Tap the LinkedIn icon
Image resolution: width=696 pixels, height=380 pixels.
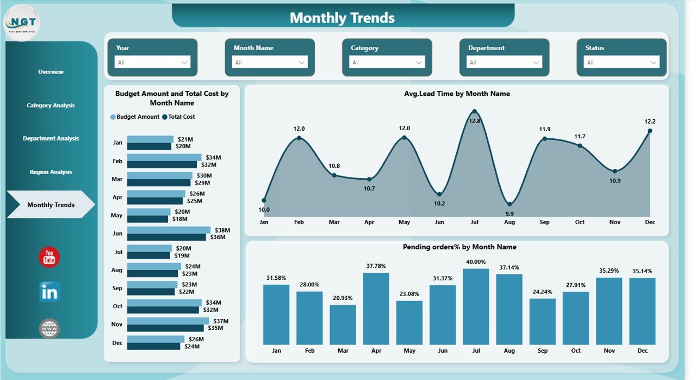click(x=49, y=292)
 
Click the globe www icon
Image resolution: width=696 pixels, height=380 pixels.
click(x=49, y=328)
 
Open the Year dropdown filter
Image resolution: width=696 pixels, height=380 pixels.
click(x=152, y=62)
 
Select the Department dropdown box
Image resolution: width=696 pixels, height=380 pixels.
click(x=504, y=62)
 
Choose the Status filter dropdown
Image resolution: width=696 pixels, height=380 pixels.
click(x=622, y=62)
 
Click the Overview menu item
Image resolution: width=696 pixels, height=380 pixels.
click(x=51, y=72)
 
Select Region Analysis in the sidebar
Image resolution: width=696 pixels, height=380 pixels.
click(x=51, y=172)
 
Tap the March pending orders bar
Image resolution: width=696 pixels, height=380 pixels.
click(x=343, y=324)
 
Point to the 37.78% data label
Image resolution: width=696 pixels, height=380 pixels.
click(x=376, y=266)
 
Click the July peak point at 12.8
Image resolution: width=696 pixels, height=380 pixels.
click(x=475, y=111)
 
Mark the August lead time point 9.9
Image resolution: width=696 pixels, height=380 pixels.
click(x=509, y=204)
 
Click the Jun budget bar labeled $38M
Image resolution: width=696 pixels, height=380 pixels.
click(x=169, y=230)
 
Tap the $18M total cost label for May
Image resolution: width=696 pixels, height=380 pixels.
click(x=179, y=219)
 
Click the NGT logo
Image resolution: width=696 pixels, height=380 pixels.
click(x=22, y=23)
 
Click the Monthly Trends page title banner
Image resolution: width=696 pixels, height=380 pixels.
click(x=343, y=17)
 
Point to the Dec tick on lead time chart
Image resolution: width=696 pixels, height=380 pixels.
click(x=650, y=222)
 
